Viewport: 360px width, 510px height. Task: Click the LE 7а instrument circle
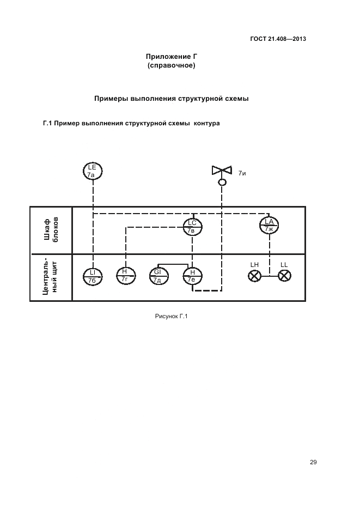click(93, 171)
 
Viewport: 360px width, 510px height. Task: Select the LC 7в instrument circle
click(192, 227)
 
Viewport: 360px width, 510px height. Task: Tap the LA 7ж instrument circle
click(269, 224)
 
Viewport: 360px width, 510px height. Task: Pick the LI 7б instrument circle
click(93, 276)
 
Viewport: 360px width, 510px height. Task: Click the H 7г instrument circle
click(125, 276)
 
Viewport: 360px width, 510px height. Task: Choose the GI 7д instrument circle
click(158, 276)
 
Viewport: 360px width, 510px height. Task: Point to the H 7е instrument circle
click(192, 276)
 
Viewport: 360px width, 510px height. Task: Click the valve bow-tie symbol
click(222, 170)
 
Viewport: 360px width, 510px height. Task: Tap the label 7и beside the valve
click(242, 173)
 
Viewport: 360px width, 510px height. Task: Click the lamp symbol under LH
click(254, 276)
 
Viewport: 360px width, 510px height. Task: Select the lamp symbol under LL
click(283, 276)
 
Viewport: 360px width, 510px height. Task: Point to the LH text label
click(254, 265)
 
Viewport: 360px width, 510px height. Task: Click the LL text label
click(284, 265)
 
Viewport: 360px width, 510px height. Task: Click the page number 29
click(313, 463)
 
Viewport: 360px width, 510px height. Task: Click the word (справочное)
click(172, 65)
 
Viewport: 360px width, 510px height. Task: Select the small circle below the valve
click(222, 182)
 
